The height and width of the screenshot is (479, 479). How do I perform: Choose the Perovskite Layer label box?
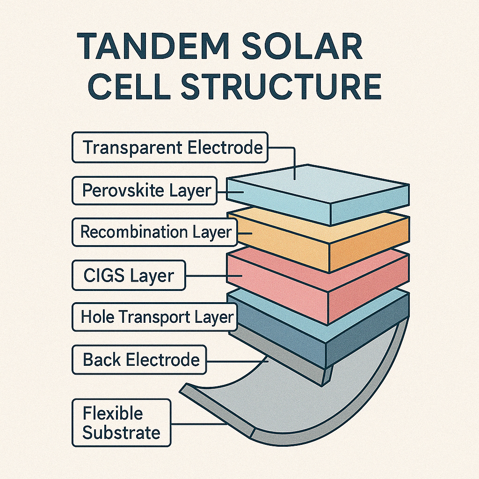tap(145, 190)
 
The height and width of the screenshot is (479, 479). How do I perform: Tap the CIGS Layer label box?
tap(129, 275)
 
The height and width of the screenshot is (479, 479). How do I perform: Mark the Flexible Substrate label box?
tap(121, 422)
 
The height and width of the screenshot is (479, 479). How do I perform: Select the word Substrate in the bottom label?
tap(121, 433)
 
